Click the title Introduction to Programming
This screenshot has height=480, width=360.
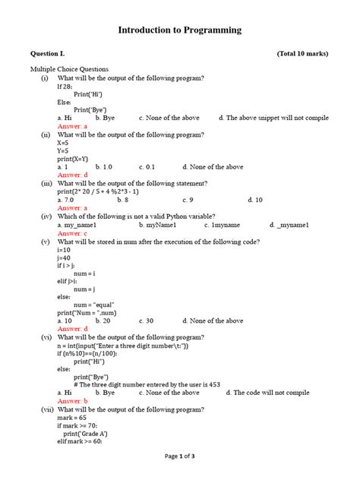click(179, 30)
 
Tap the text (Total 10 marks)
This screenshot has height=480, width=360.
click(302, 54)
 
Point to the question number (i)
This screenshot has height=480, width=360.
click(46, 78)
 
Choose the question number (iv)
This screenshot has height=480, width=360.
click(46, 216)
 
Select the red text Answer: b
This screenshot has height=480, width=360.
click(73, 401)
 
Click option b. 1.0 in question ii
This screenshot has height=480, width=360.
click(103, 166)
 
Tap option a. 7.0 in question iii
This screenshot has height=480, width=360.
click(67, 200)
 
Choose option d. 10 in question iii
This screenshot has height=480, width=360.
click(255, 200)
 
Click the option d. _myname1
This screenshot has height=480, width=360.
click(289, 226)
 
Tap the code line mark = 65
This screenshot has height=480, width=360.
click(74, 418)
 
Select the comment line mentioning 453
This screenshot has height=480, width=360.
click(147, 384)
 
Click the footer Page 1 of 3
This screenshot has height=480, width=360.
click(180, 456)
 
